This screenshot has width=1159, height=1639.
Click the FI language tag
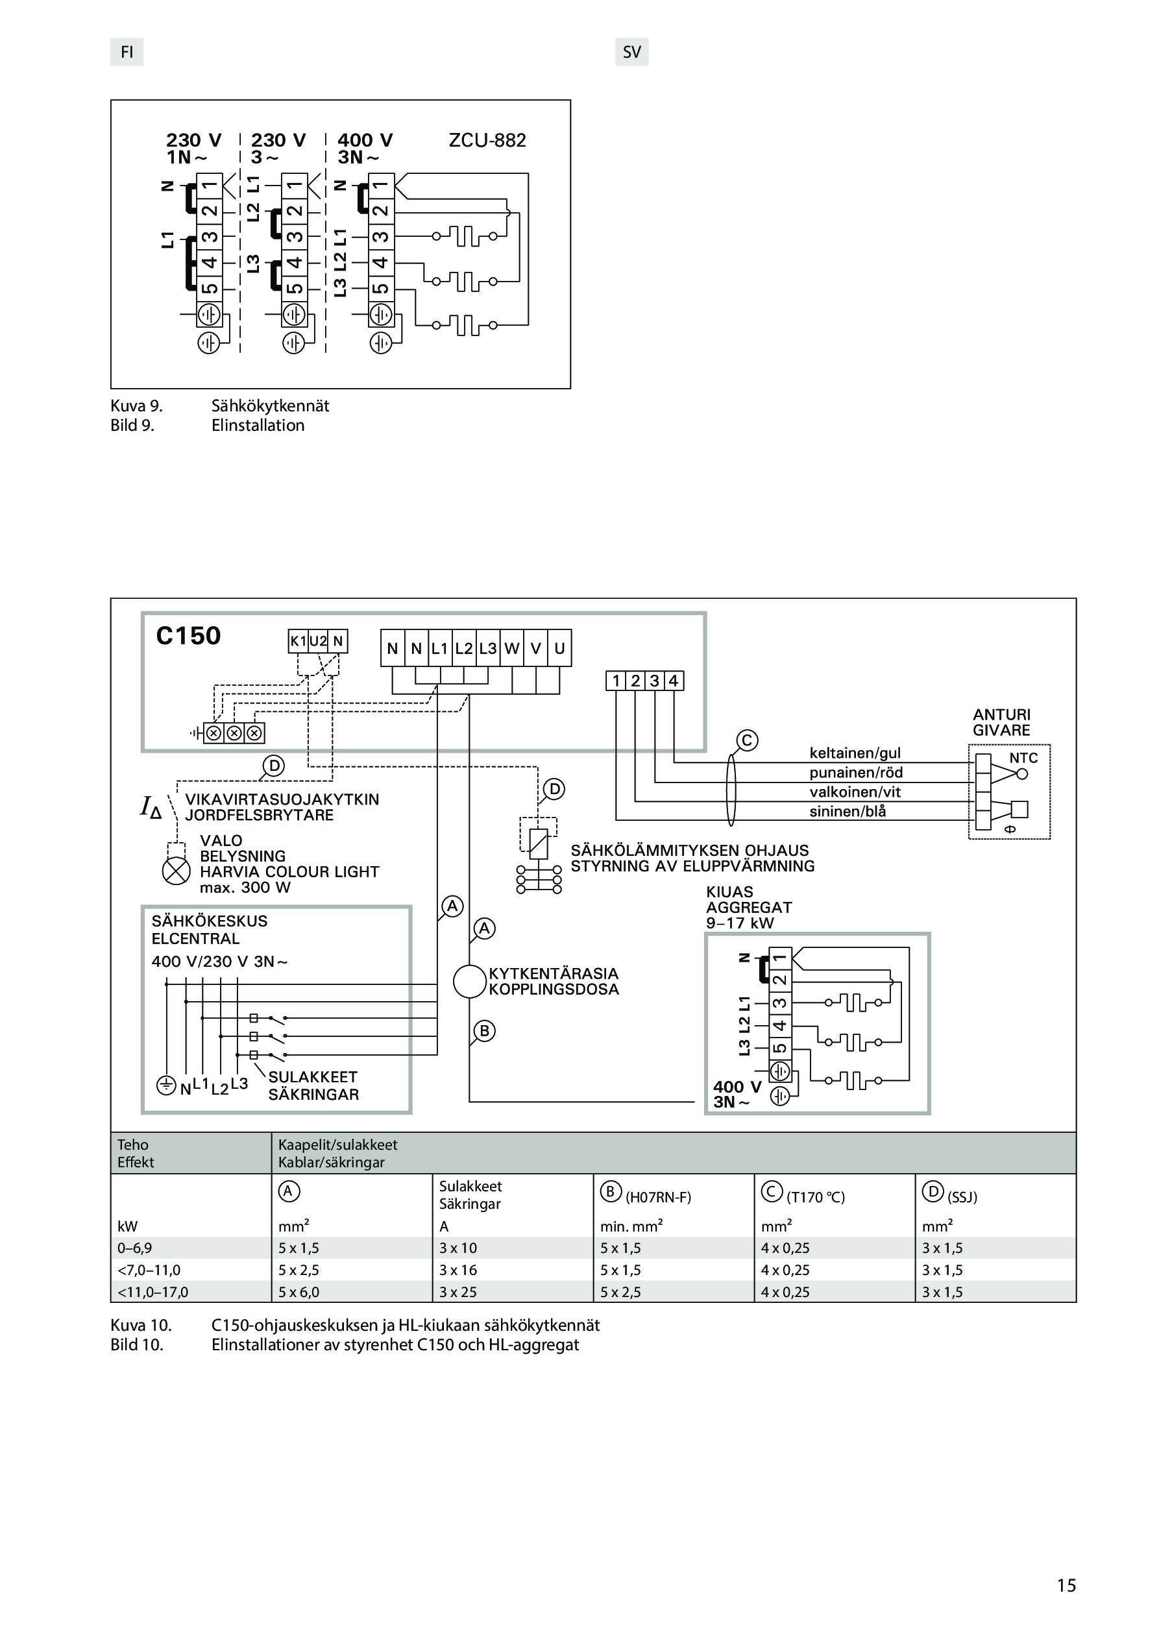click(127, 52)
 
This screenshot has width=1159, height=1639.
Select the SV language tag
click(632, 52)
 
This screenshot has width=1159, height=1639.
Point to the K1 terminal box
click(298, 641)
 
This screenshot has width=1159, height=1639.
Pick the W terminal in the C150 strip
click(512, 648)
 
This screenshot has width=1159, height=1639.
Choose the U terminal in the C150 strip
click(559, 648)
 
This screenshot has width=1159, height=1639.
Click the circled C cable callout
click(747, 740)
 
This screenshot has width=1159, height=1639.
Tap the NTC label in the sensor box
click(1023, 758)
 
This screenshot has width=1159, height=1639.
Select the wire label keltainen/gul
click(855, 753)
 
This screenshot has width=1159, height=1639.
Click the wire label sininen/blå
click(848, 812)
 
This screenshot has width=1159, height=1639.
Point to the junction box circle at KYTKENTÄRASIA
click(470, 982)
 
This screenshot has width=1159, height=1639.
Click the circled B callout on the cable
click(484, 1031)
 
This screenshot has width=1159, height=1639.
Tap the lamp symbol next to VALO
click(177, 871)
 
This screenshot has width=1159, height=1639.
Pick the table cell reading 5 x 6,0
click(299, 1292)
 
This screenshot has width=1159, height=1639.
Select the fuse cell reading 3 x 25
click(457, 1292)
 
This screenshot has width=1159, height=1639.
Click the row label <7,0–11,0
click(149, 1270)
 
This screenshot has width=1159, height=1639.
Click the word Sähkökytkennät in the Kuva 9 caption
click(271, 406)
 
